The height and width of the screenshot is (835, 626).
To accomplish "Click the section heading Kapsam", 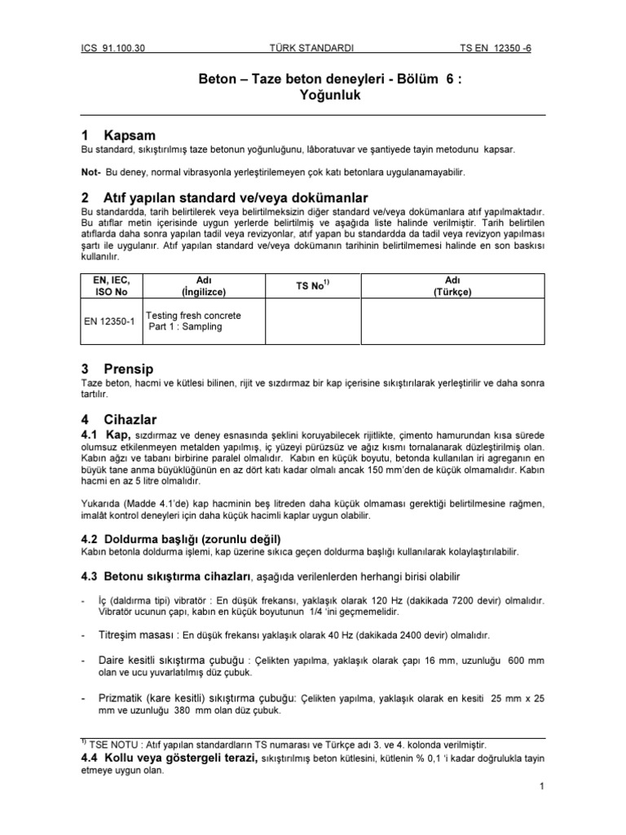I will tap(129, 135).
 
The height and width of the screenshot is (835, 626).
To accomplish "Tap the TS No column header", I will tap(312, 285).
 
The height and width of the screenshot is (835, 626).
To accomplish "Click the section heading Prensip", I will tap(129, 368).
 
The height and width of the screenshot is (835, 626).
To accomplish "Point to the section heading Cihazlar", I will tap(130, 419).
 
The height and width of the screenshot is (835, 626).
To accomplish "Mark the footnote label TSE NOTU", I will tap(118, 743).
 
